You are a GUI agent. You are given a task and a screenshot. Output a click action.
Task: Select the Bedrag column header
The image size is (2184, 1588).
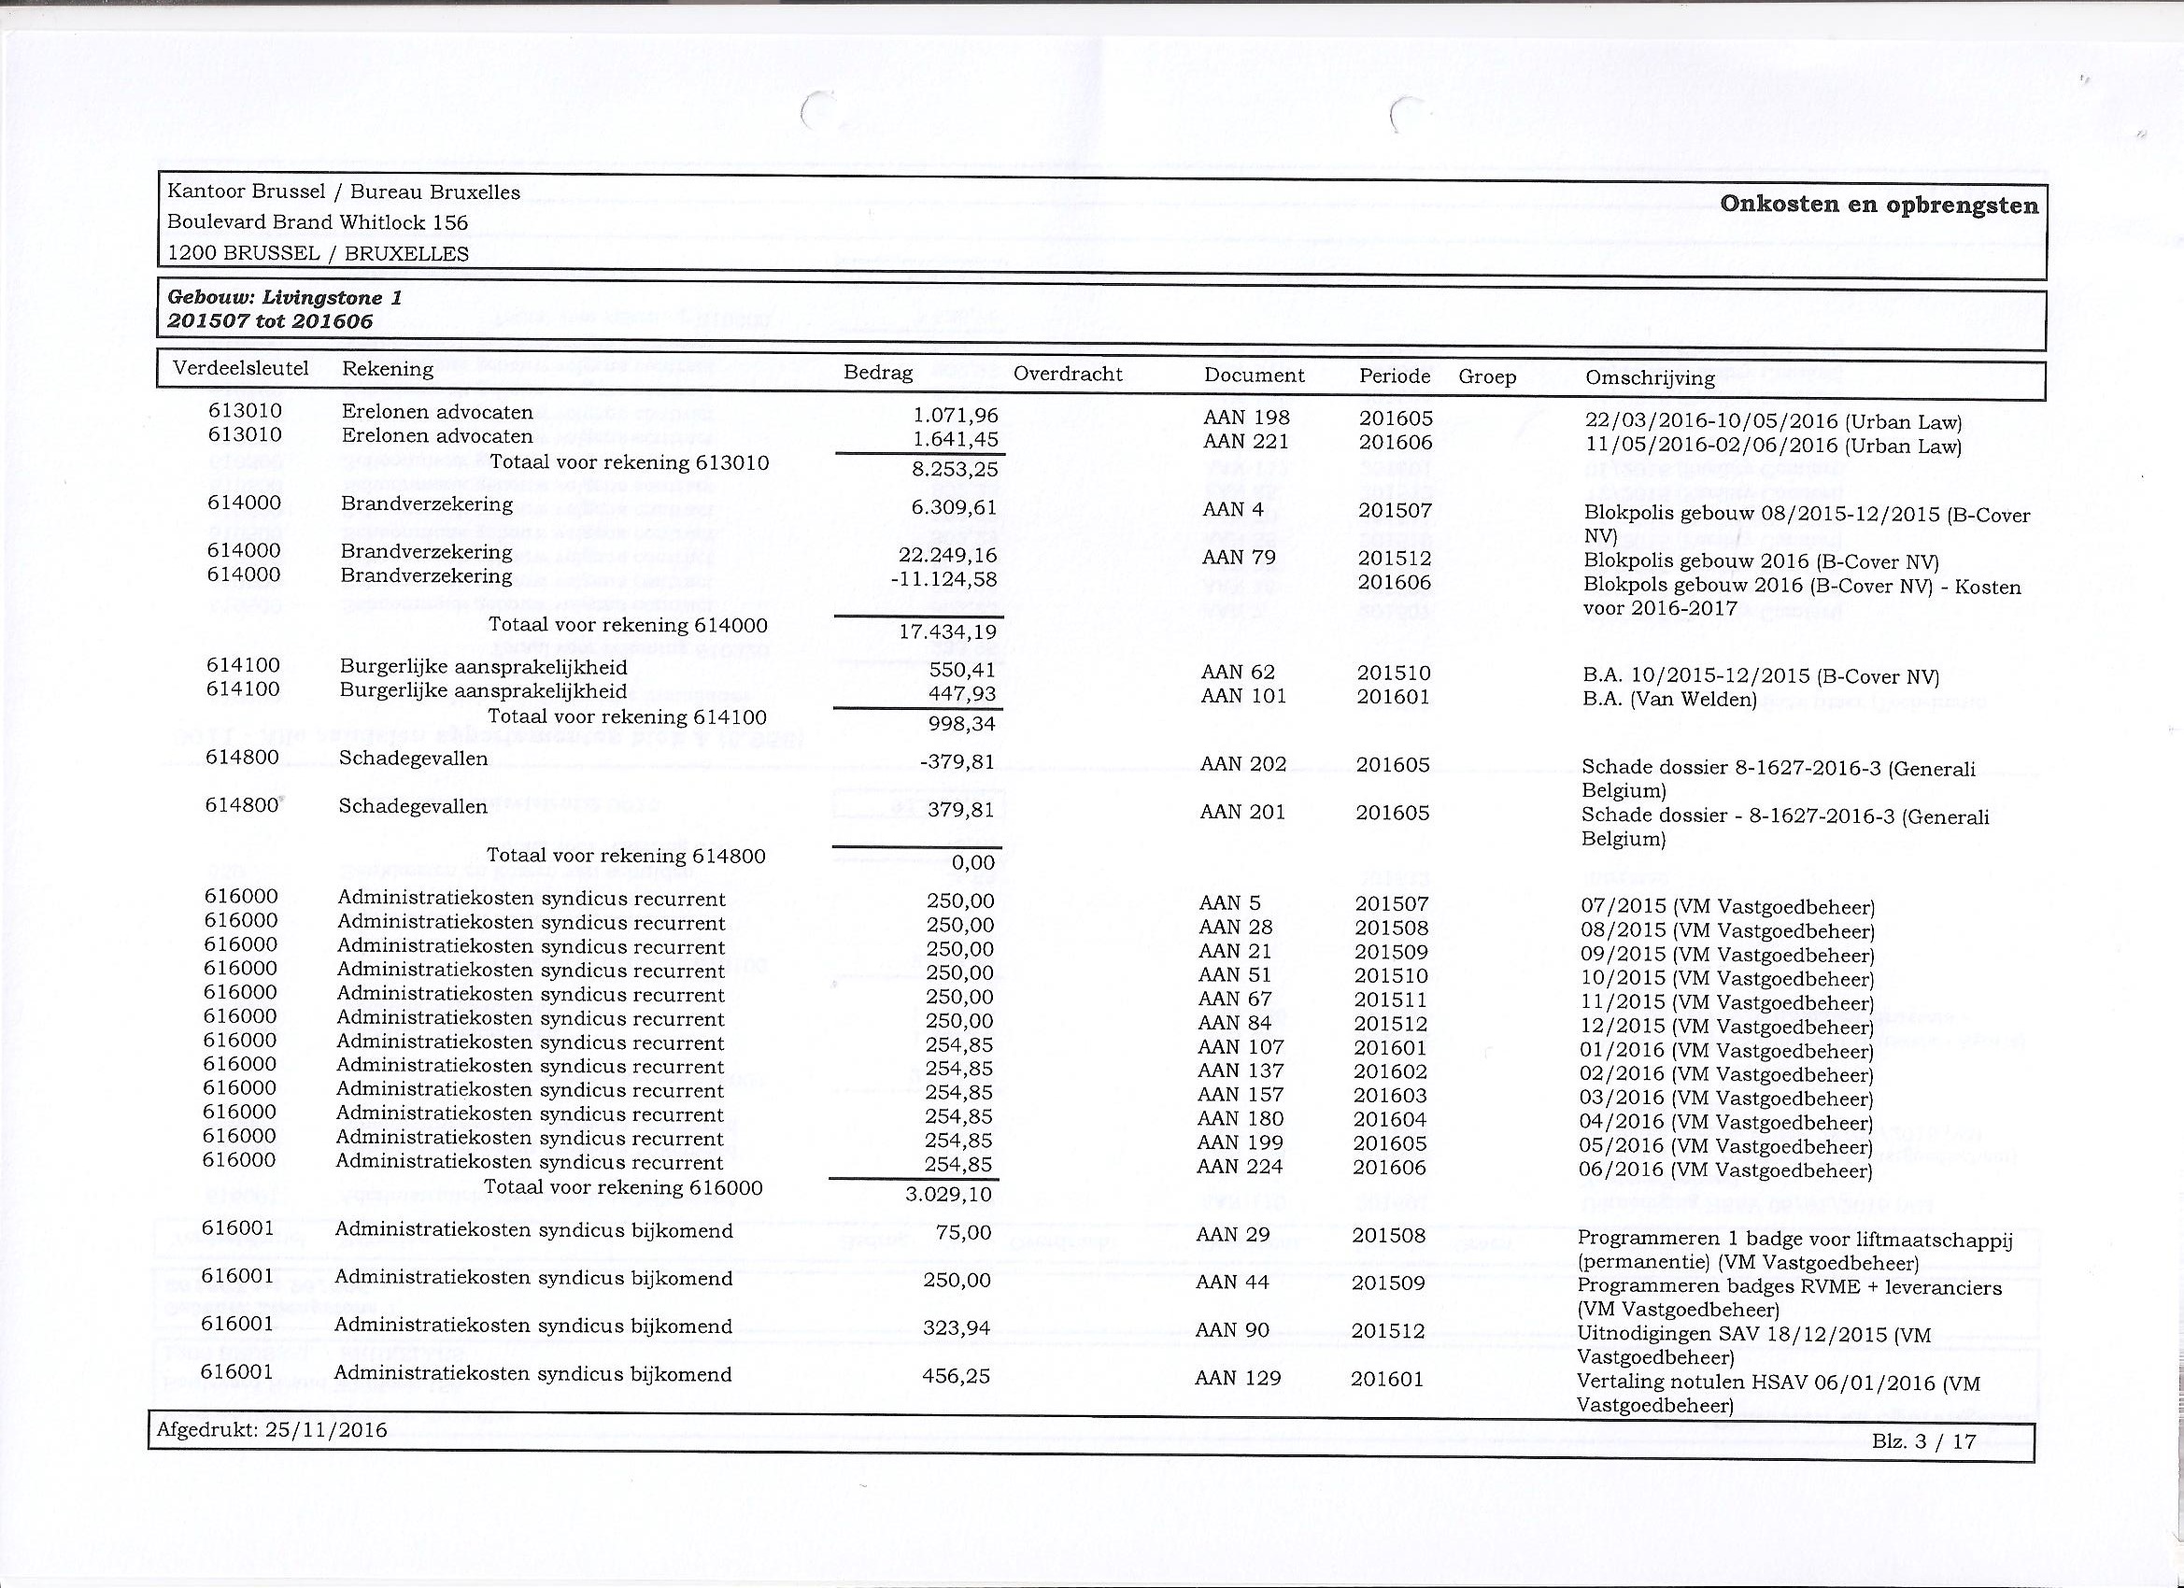(x=877, y=373)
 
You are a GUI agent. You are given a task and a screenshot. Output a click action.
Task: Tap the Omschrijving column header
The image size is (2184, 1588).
(x=1650, y=376)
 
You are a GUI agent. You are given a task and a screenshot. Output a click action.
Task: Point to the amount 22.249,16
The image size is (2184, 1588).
(x=947, y=556)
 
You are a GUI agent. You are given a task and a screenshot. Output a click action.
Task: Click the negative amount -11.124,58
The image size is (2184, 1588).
(x=944, y=580)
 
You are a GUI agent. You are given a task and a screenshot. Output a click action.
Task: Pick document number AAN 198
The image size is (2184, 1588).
(x=1246, y=418)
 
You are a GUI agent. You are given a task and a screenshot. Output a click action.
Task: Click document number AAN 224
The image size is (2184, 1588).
(x=1241, y=1166)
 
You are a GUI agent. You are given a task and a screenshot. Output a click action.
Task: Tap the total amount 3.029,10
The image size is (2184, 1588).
(x=948, y=1195)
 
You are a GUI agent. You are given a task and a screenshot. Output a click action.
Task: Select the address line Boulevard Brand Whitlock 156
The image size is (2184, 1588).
(x=318, y=222)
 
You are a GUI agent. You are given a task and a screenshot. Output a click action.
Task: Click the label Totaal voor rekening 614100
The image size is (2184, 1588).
(x=628, y=716)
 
